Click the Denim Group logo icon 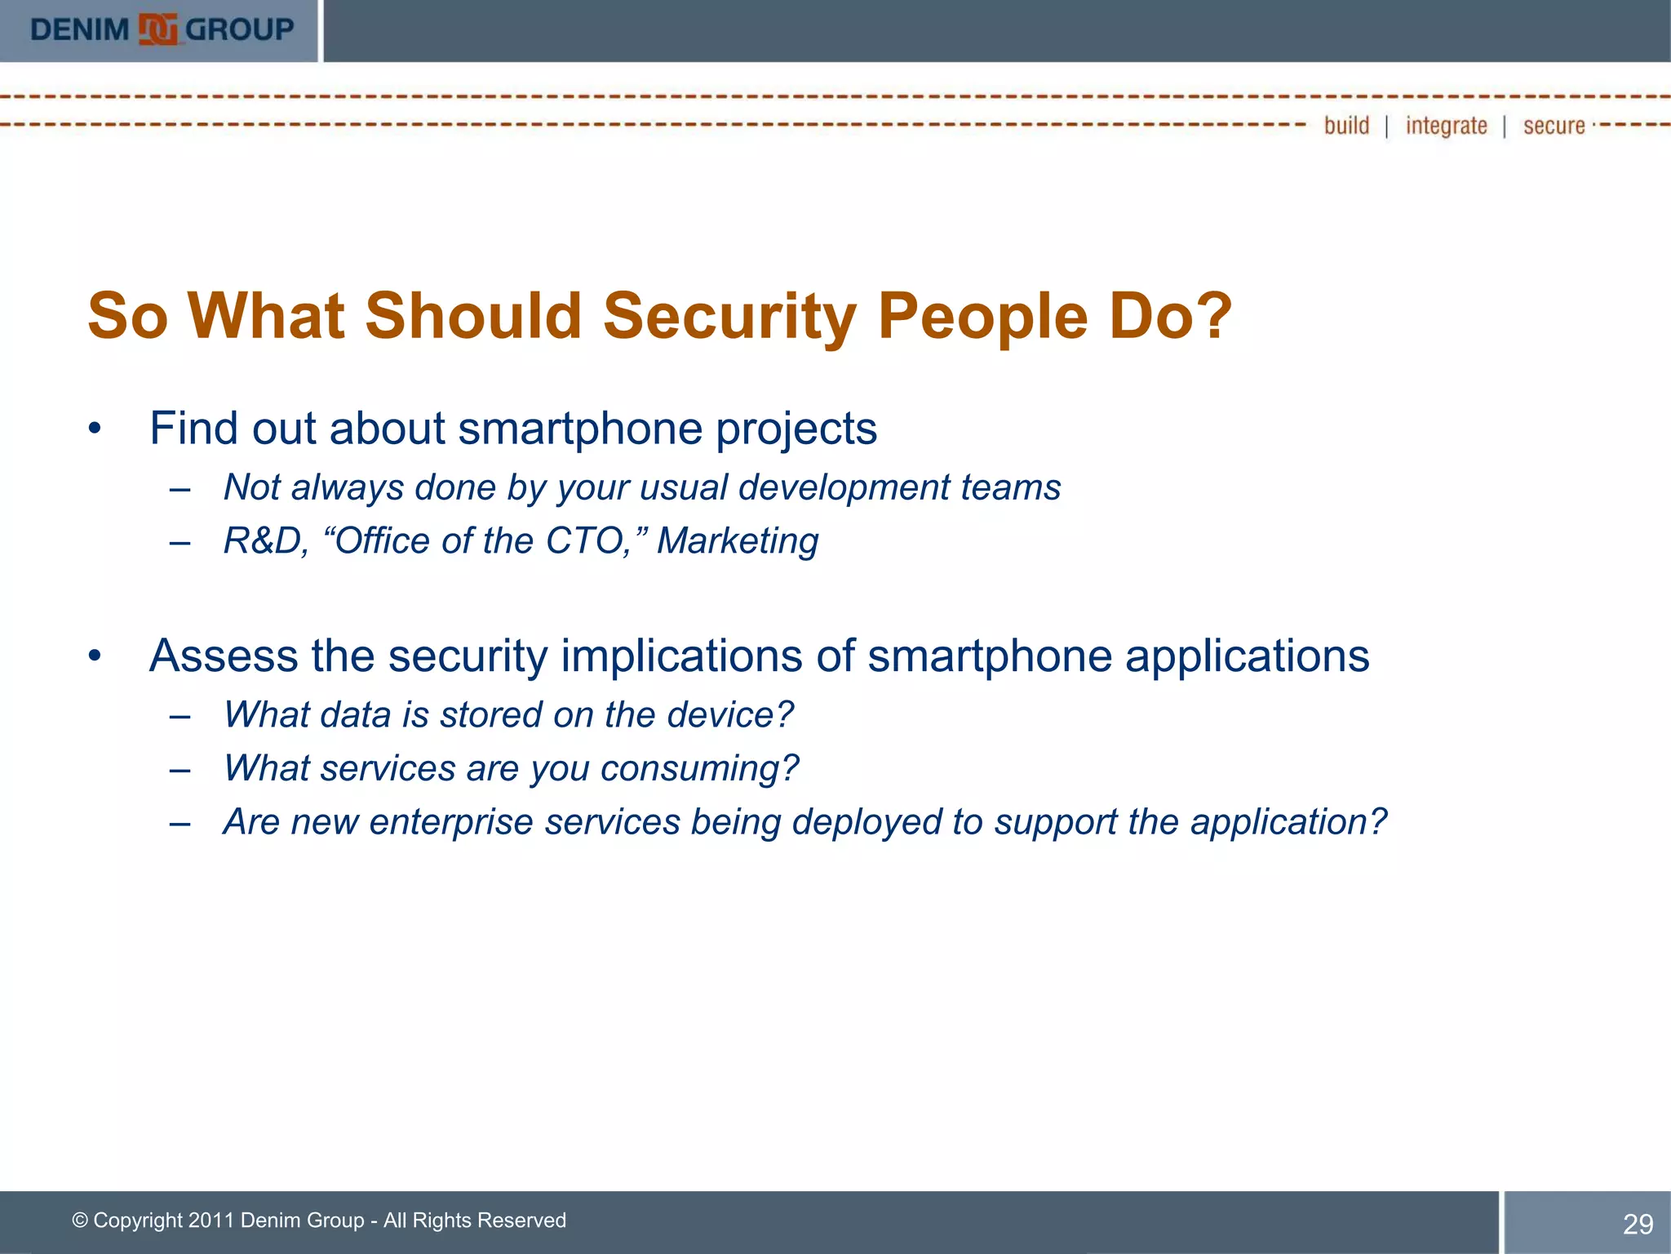(157, 30)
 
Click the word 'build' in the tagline (1346, 126)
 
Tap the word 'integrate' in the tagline (1446, 126)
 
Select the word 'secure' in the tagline (1554, 126)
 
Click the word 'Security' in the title (729, 317)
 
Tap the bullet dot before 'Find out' (95, 429)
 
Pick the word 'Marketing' (738, 541)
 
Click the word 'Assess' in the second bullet (224, 656)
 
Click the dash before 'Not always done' (180, 489)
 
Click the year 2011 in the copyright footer (211, 1221)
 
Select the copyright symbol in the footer (80, 1221)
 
